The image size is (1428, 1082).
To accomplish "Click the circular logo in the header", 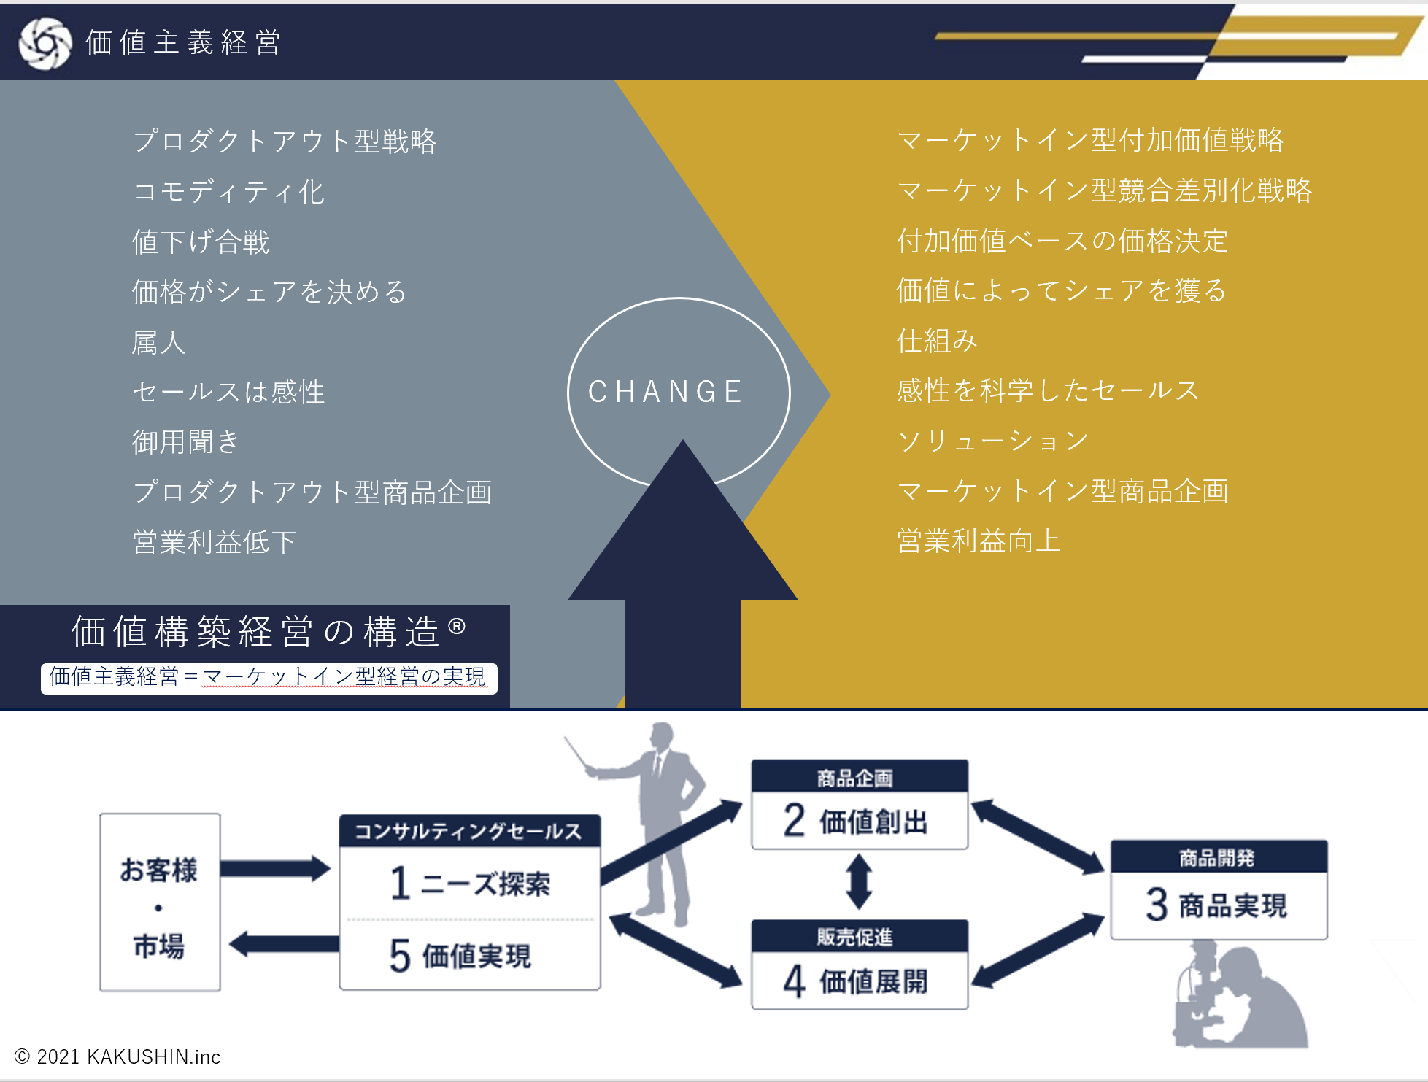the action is pos(45,43).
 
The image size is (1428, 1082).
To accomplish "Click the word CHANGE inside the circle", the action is pos(665,392).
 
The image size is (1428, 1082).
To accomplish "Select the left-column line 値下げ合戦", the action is pos(201,241).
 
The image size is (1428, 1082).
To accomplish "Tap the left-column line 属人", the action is pos(159,342).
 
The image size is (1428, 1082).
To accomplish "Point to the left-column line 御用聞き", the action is pos(185,441).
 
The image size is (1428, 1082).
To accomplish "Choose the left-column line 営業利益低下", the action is pos(215,542).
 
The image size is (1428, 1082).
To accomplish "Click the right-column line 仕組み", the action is pos(937,341).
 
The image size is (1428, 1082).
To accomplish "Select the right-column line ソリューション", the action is pos(993,441).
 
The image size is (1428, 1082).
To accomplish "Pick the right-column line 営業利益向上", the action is pos(979,541).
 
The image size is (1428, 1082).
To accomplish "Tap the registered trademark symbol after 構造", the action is pos(457,626).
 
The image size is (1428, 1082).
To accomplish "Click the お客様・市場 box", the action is pos(160,903).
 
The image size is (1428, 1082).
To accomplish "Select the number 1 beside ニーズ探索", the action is pos(399,883).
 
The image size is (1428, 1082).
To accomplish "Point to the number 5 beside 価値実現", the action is pos(400,955).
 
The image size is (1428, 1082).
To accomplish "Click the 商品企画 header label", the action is pos(854,778).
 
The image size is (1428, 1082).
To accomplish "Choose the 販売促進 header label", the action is pos(854,936).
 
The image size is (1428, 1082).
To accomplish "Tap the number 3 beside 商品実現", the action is pos(1157,905).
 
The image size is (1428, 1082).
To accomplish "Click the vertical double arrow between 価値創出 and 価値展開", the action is pos(859,881).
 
